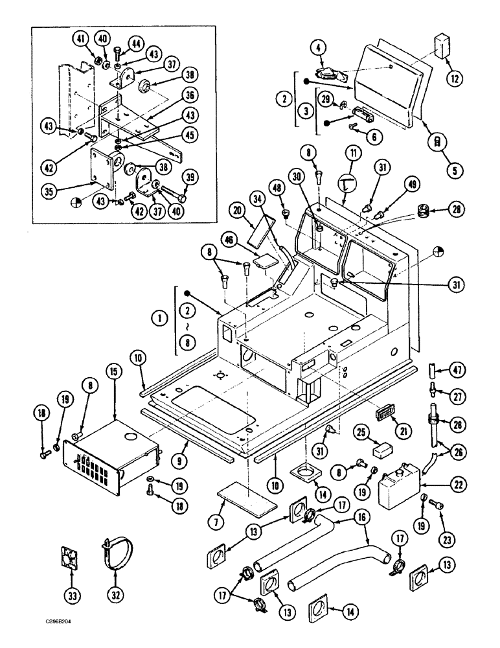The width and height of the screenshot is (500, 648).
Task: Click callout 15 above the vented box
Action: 114,373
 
